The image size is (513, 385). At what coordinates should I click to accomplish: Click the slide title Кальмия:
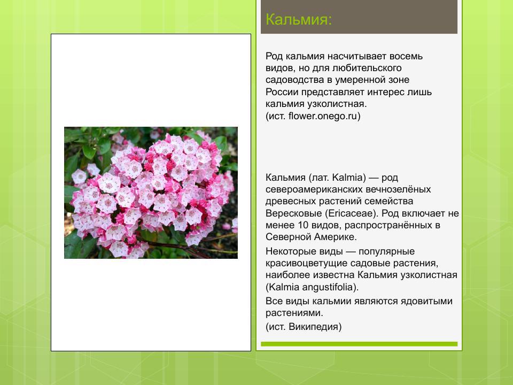[x=299, y=20]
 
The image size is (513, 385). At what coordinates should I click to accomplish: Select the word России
[x=281, y=92]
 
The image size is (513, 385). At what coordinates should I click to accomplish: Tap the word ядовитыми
[x=426, y=301]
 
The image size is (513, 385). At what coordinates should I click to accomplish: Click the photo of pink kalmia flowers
[x=151, y=192]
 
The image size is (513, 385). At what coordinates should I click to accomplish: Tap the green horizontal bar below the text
[x=359, y=344]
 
